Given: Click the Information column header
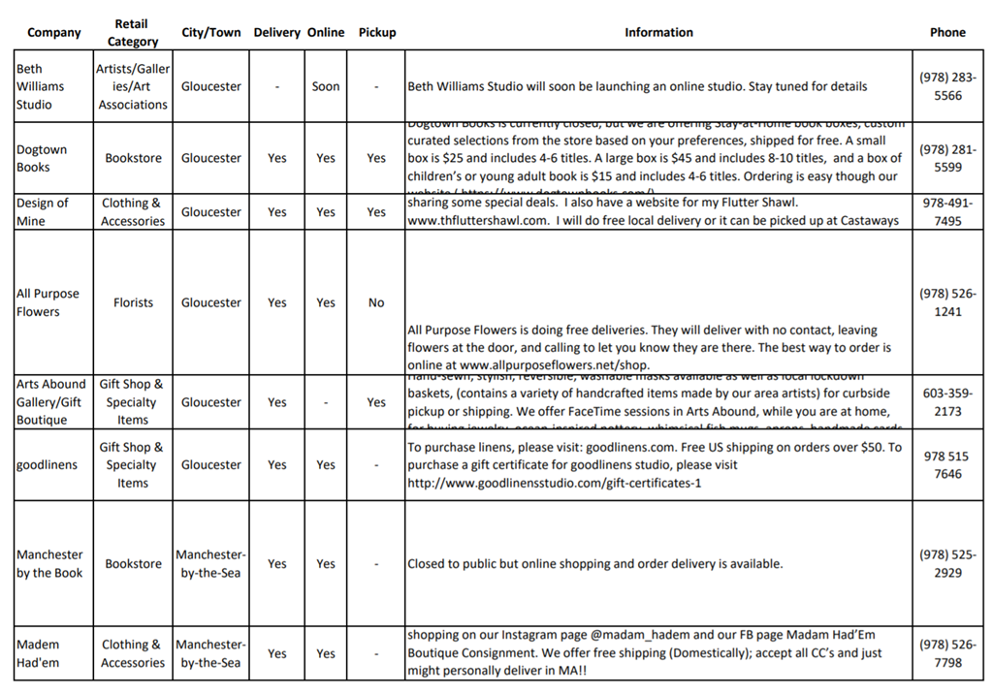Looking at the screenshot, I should click(658, 32).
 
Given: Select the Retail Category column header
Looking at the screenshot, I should click(132, 33).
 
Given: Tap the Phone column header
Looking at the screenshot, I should click(946, 32).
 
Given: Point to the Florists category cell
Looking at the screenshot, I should click(133, 302).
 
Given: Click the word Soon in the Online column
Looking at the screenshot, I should click(326, 86).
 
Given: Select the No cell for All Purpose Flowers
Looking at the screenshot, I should click(376, 302).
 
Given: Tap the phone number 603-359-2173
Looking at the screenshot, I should click(947, 402).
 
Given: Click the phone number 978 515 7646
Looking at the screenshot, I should click(947, 465).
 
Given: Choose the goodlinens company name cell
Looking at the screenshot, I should click(47, 465).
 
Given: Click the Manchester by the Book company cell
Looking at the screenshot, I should click(49, 564).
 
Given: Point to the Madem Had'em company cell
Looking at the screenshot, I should click(38, 653).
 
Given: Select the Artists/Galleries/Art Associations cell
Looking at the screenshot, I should click(133, 86).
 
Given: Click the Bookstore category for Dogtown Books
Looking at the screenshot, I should click(133, 158).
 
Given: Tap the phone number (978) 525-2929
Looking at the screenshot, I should click(947, 564).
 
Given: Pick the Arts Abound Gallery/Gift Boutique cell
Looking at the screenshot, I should click(50, 402).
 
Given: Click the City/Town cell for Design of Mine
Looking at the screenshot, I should click(211, 212).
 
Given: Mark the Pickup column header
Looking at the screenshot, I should click(377, 32).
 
